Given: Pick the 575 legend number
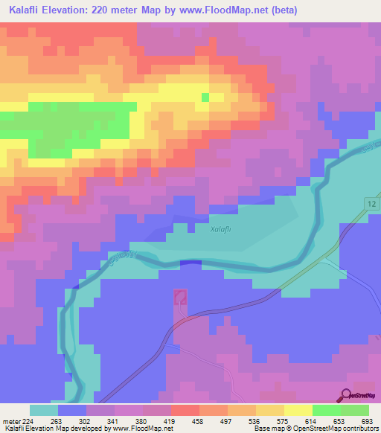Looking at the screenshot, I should coord(284,420).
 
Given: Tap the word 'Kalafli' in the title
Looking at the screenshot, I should coord(30,10).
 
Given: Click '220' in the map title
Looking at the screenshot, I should coord(138,10).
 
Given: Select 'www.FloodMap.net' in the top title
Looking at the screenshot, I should coord(265,10).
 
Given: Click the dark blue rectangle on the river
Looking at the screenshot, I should coord(190,263).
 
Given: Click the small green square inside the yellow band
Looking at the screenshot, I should coord(206,97).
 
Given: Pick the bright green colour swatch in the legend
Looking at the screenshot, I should coord(326,410).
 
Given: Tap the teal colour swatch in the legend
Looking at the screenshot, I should coord(43,410).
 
